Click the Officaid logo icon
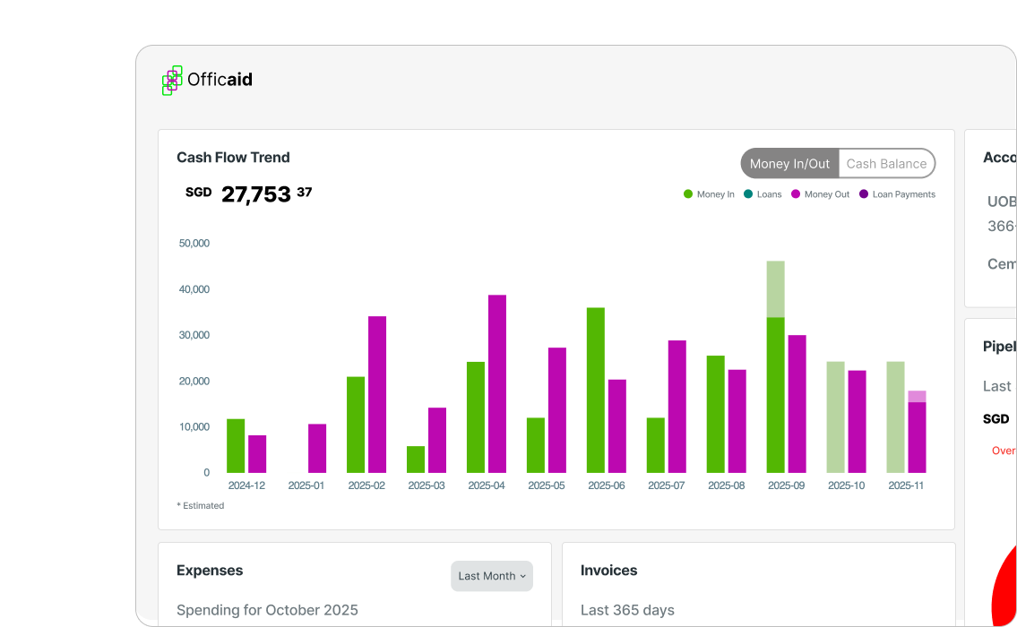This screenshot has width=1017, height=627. (172, 80)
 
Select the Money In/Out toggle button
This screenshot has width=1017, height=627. (789, 164)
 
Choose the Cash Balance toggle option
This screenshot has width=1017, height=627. (886, 164)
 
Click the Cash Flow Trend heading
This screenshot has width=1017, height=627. (233, 158)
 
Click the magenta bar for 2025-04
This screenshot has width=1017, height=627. (497, 383)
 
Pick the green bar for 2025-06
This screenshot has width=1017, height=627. (596, 390)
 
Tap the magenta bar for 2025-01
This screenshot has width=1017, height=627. (317, 448)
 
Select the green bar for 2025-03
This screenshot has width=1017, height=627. (416, 459)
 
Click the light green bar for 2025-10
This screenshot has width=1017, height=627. (835, 417)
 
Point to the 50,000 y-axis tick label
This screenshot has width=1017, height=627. (194, 243)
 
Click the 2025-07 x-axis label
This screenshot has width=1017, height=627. (666, 485)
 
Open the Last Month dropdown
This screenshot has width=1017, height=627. (492, 576)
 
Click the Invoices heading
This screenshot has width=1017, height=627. (609, 571)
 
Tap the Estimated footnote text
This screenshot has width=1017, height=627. (201, 506)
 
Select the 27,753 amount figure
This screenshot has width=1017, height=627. (255, 194)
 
